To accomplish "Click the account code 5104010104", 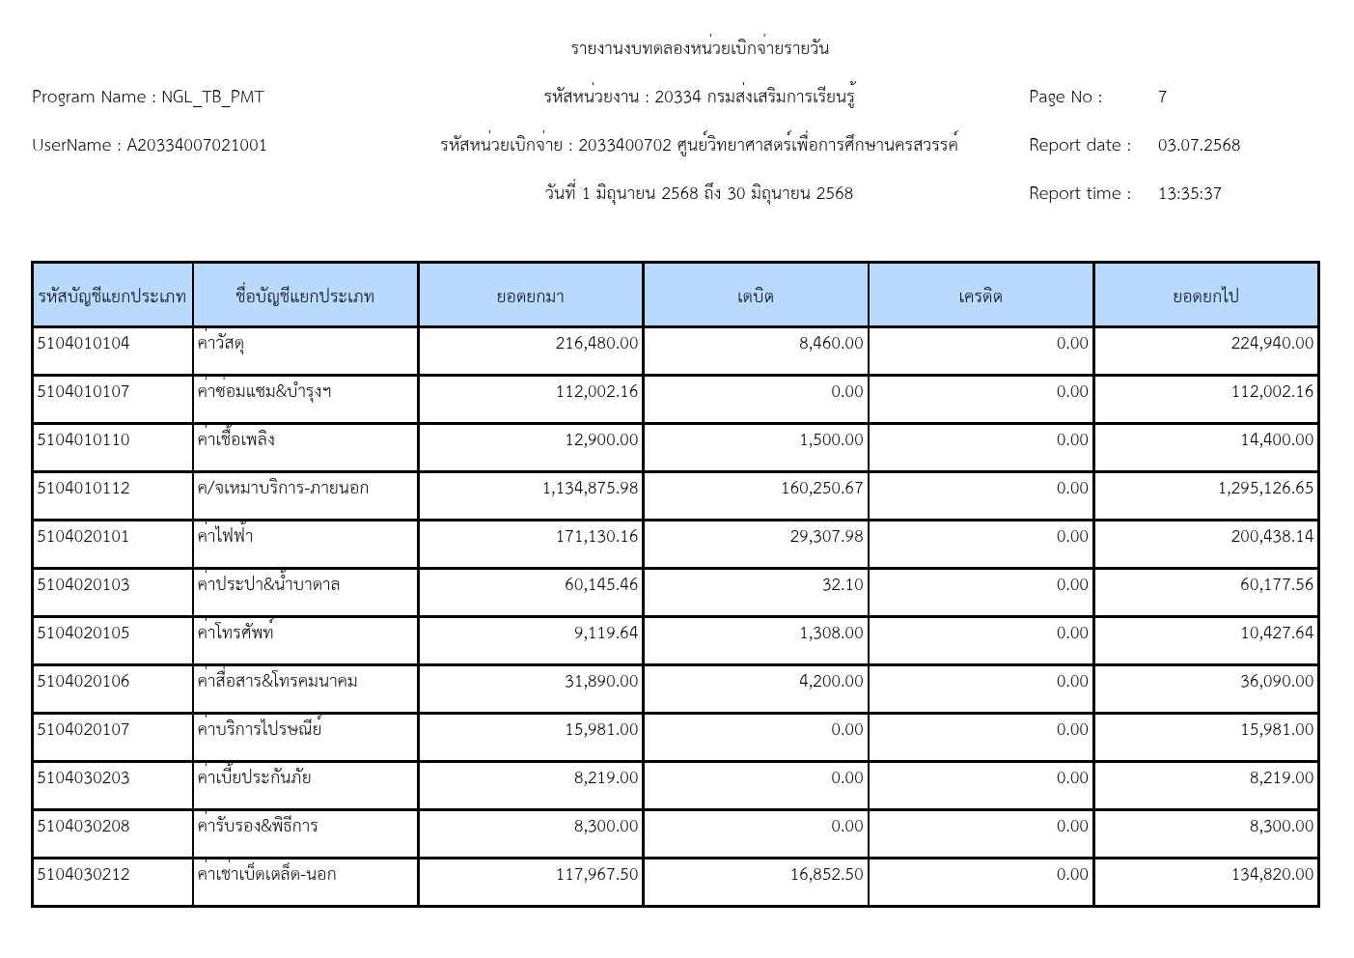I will [x=83, y=343].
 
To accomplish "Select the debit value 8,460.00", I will [x=831, y=343].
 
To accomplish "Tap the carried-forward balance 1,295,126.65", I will [x=1265, y=488].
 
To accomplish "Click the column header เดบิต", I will [x=755, y=296].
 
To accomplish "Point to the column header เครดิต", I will [x=981, y=296].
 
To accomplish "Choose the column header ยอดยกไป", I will [x=1205, y=296].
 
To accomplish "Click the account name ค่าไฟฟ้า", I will [x=225, y=536].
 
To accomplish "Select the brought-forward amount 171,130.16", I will [x=596, y=536].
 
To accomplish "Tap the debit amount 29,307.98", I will [x=826, y=536].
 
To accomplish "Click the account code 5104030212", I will [x=83, y=874].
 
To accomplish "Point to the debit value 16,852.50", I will [x=826, y=874].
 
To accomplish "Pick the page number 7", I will [x=1162, y=97].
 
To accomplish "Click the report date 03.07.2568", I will [x=1199, y=145].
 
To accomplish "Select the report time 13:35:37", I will [x=1189, y=193].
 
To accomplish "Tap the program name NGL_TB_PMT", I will [x=212, y=97].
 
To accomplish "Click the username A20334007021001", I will [x=197, y=145].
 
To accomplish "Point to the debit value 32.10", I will [x=843, y=584].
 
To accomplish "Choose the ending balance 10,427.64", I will [x=1277, y=633].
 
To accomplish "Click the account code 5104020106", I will [x=83, y=681].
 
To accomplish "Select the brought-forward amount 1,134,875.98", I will [x=590, y=488].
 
